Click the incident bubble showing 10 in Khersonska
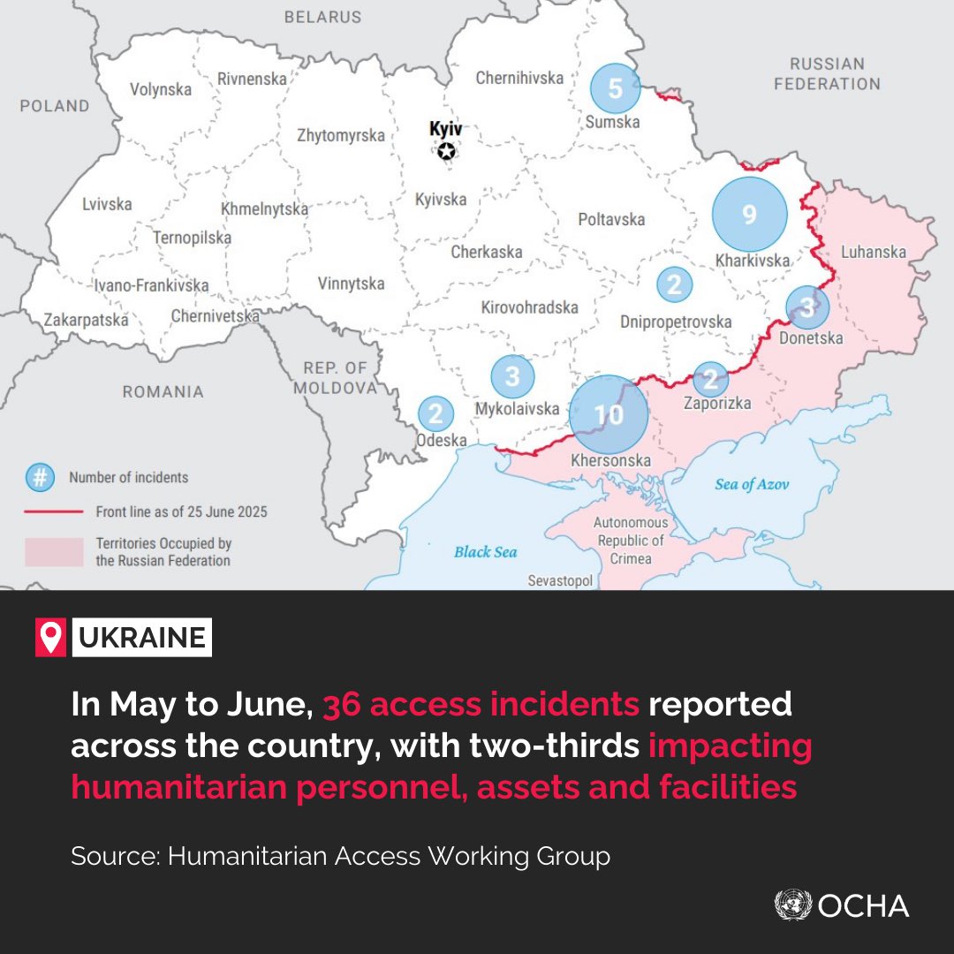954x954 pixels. coord(609,414)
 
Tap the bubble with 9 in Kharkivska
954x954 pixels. coord(749,215)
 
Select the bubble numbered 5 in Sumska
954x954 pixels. coord(616,88)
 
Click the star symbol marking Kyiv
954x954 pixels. coord(447,152)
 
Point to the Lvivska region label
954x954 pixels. coord(107,204)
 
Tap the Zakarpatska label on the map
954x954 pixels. coord(87,320)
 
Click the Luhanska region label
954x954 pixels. coord(873,252)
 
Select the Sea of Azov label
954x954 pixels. coord(752,484)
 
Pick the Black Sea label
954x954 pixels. coord(485,552)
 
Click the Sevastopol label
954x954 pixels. coord(560,580)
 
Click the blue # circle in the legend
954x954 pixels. coord(40,478)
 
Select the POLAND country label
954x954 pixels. coord(55,106)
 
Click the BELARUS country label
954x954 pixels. coord(322,17)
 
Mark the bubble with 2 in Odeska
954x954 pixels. coord(435,413)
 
